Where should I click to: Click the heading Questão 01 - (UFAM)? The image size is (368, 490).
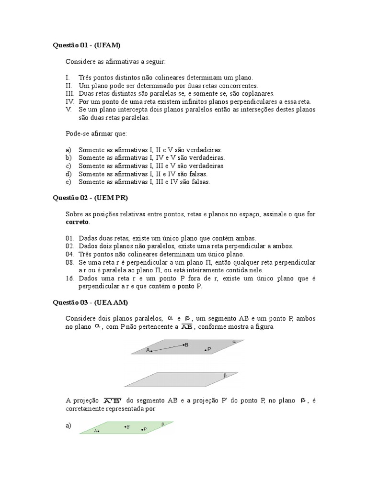pos(86,45)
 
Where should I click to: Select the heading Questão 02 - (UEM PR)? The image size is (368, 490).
pos(91,198)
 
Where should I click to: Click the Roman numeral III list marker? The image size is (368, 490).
pos(69,94)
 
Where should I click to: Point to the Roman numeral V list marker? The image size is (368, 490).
pos(68,110)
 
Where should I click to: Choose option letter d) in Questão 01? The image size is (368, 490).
pos(69,174)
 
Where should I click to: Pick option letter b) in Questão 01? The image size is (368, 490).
pos(69,157)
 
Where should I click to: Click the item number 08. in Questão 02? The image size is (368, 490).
pos(70,263)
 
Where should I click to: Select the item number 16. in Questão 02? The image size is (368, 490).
pos(70,278)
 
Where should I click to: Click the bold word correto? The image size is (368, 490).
pos(77,222)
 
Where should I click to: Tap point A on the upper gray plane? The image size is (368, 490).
pos(151,351)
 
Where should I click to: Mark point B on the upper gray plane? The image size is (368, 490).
pos(183,345)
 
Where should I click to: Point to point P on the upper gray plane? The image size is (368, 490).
pos(206,350)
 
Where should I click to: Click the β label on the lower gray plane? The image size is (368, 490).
pos(225,376)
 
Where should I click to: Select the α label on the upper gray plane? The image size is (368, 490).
pos(234,342)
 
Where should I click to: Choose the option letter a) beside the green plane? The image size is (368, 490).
pos(69,425)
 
